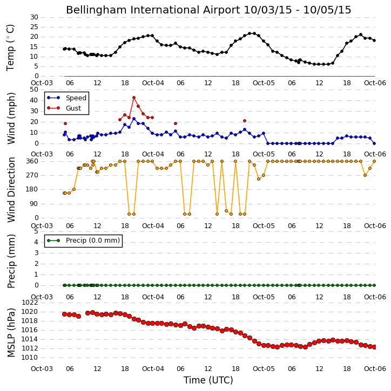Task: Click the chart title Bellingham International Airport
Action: click(x=153, y=10)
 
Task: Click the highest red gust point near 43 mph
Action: click(x=134, y=98)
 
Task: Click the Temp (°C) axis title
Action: click(x=10, y=47)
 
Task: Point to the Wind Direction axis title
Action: click(x=11, y=190)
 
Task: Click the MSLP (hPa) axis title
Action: click(x=11, y=333)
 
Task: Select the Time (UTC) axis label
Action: click(x=208, y=380)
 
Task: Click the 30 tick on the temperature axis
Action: click(x=34, y=17)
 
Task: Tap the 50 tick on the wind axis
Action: click(x=34, y=90)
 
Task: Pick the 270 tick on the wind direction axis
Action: click(x=32, y=175)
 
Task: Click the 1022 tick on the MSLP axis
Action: click(x=30, y=303)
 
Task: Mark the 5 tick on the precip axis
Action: click(x=36, y=231)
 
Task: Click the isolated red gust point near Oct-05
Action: click(x=245, y=121)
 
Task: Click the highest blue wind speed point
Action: click(x=134, y=119)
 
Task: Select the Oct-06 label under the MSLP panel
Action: click(x=375, y=368)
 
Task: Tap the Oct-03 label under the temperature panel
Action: click(x=42, y=83)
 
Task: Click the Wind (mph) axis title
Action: click(x=11, y=119)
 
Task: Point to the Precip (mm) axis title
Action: click(x=11, y=262)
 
